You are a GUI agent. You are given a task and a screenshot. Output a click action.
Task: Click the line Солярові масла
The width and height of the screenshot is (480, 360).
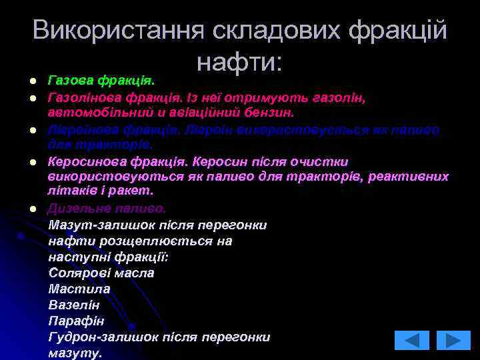pyautogui.click(x=101, y=273)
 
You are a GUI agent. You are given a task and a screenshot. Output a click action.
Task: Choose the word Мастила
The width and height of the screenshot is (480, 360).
pyautogui.click(x=79, y=289)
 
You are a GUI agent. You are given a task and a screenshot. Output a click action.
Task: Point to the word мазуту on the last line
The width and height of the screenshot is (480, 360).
pyautogui.click(x=74, y=353)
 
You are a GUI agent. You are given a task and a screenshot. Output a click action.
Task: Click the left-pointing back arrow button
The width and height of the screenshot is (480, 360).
pyautogui.click(x=411, y=340)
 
